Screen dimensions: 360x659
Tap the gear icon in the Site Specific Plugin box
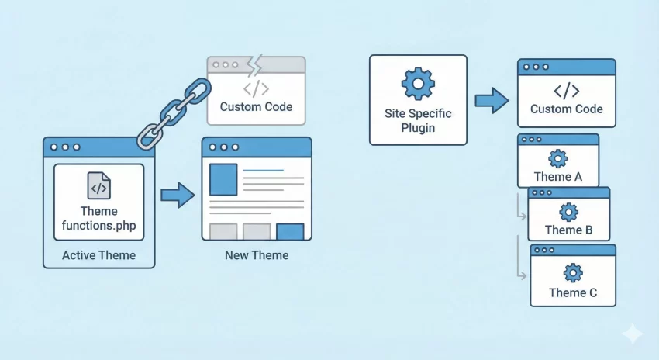point(418,82)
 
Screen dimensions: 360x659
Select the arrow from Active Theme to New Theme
point(177,195)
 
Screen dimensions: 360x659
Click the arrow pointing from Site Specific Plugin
point(492,99)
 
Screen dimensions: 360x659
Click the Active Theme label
point(98,255)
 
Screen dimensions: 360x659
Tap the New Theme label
point(256,255)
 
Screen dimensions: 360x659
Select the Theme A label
point(557,177)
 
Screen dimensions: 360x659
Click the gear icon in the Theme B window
point(569,211)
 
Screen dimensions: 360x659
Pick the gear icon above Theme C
point(573,272)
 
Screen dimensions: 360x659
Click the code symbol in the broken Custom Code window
point(256,87)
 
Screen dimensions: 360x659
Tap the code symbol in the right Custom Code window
point(566,90)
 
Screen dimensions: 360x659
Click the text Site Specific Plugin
point(418,120)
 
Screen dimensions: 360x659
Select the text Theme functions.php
point(98,218)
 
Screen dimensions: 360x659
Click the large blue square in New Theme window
point(223,179)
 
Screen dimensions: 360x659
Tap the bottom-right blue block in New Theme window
point(290,231)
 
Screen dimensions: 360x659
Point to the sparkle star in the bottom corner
point(632,334)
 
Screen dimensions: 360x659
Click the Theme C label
point(573,292)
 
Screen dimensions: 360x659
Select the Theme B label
point(569,230)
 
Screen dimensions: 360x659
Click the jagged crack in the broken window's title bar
point(254,64)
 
